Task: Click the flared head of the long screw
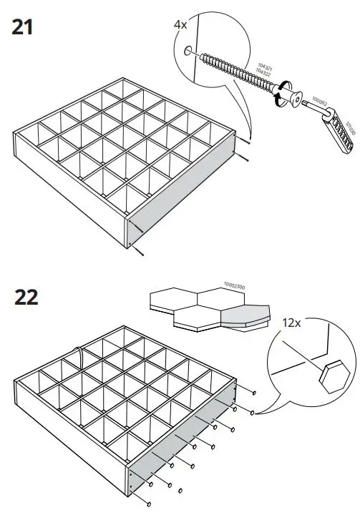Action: [x=288, y=94]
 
